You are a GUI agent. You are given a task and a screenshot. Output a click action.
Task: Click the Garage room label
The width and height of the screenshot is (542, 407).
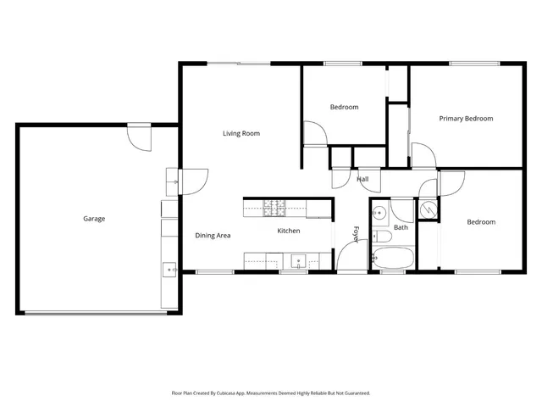point(94,219)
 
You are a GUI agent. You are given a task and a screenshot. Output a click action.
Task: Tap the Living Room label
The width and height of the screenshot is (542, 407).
point(241,133)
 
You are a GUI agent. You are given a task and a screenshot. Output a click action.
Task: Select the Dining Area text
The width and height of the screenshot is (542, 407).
point(213,236)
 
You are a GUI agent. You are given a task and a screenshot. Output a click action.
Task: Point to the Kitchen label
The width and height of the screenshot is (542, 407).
point(289,231)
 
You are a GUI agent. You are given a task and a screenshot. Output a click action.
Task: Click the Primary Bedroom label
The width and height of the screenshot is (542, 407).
point(466,119)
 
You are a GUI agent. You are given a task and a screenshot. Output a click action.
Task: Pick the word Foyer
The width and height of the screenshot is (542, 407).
point(357,234)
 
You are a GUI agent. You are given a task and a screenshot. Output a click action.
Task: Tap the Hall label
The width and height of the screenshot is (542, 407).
point(362,179)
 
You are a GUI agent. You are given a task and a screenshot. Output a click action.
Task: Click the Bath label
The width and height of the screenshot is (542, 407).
point(401,227)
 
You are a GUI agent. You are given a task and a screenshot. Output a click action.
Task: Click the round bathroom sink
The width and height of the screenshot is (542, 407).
point(380,212)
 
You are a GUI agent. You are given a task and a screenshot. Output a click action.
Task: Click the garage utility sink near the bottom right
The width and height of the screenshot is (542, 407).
point(169,270)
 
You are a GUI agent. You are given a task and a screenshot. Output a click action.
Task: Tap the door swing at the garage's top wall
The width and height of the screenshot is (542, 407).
point(139,136)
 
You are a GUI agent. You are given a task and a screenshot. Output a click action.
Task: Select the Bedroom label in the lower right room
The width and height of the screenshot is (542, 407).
point(481,222)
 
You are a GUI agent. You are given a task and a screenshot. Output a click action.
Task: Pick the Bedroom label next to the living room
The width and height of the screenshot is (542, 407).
point(344,107)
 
